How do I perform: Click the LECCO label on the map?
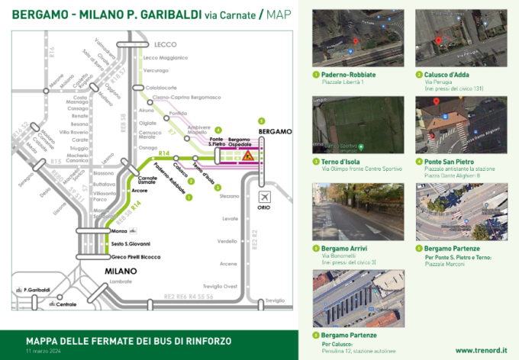point(165,44)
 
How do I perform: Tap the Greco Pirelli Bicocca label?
point(136,257)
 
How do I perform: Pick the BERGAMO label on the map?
point(276,131)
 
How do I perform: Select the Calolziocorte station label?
point(160,87)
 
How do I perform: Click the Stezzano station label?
point(229,196)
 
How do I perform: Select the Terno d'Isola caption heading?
point(340,162)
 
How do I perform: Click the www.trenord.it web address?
point(481,350)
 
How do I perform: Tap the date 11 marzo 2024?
point(43,350)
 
